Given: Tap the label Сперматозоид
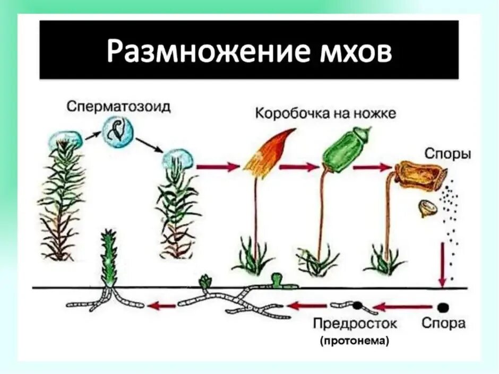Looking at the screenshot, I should [x=119, y=107].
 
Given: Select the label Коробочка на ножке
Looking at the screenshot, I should [x=326, y=113].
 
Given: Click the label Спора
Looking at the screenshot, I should [x=443, y=323].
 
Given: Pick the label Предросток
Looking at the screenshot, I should [x=355, y=323].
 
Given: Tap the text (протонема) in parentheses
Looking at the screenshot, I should [x=354, y=342].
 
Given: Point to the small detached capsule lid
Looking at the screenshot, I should [x=428, y=207].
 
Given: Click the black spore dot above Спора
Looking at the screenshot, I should [x=443, y=307].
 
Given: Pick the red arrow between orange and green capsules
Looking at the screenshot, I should [x=298, y=167].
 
